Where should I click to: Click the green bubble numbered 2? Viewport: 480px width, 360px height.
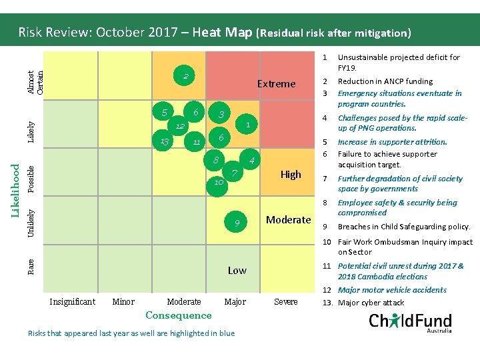tap(187, 77)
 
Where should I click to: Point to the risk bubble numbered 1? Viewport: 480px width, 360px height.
tap(247, 124)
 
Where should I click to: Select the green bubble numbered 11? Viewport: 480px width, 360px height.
tap(197, 141)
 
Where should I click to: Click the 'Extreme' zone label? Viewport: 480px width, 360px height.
tap(276, 83)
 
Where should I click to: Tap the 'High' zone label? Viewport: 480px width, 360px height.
tap(291, 174)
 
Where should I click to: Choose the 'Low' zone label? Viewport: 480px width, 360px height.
tap(237, 270)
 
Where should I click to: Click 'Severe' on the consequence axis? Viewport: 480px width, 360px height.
tap(286, 302)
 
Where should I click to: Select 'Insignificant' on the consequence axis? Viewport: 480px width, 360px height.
tap(72, 302)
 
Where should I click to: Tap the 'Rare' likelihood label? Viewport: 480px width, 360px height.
tap(31, 267)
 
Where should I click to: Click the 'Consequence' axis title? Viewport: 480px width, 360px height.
tap(178, 315)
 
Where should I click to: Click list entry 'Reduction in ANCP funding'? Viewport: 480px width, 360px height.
tap(385, 81)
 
